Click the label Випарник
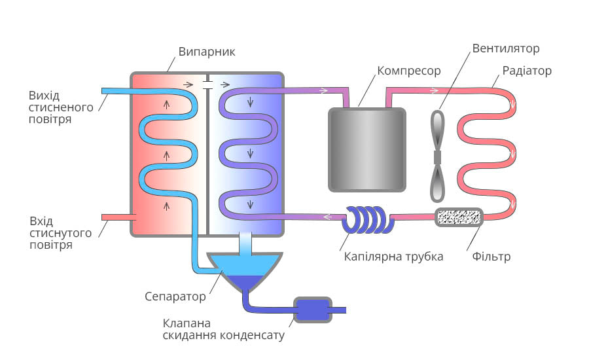(207, 52)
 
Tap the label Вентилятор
(506, 48)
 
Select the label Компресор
(408, 71)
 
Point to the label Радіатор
(527, 71)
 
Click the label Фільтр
(491, 257)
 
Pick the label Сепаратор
(175, 297)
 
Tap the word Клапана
(187, 323)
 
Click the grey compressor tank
(367, 149)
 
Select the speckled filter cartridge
(459, 217)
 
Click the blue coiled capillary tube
(368, 219)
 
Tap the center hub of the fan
(437, 158)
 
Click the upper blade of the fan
(437, 130)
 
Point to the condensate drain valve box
(313, 310)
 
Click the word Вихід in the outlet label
(44, 96)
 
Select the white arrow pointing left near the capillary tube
(328, 217)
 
